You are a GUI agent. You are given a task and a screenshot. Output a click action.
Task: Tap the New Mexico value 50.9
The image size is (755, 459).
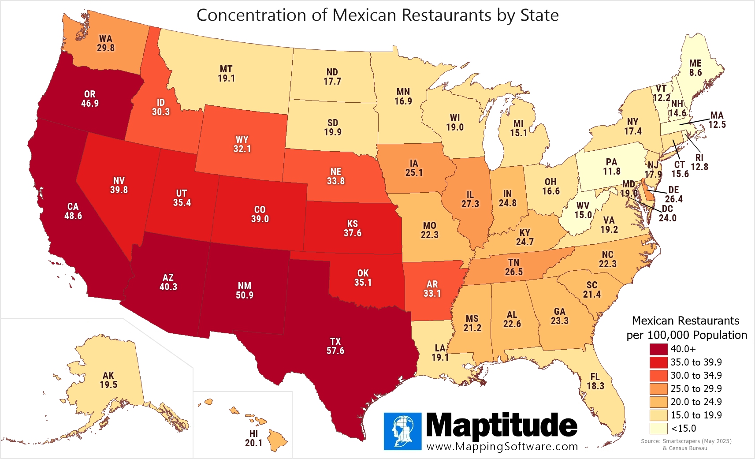tap(245, 295)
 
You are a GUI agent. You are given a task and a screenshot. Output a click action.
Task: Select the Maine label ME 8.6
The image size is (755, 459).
tap(695, 68)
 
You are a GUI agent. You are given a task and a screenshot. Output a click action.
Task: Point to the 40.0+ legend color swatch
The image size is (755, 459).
tap(658, 349)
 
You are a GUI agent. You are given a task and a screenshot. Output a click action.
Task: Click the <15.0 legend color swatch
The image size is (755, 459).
tap(658, 428)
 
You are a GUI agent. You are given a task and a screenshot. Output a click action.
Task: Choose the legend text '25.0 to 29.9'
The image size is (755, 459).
tap(696, 388)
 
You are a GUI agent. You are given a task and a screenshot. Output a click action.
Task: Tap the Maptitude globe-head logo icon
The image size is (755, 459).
tap(402, 431)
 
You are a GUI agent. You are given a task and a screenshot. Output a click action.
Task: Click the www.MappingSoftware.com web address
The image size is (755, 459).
tap(502, 446)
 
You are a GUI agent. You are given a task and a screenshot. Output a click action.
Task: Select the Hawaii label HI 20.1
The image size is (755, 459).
tap(253, 438)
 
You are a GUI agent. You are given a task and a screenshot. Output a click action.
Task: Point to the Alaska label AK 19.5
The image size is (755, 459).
tap(108, 380)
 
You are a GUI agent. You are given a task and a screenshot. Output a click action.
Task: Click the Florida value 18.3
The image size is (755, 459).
tap(595, 386)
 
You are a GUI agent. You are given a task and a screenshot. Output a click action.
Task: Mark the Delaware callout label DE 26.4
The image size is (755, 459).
tap(673, 194)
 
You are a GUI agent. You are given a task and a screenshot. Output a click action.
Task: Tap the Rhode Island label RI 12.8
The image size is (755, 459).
tap(699, 162)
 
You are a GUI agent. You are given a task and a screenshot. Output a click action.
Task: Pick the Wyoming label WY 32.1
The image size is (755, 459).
tap(242, 144)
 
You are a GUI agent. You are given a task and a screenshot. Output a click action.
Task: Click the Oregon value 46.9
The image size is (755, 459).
tap(90, 103)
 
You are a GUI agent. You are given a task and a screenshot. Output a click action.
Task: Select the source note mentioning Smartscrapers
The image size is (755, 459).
tap(686, 441)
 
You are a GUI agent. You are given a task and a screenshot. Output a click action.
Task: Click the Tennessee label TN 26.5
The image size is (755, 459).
tap(514, 267)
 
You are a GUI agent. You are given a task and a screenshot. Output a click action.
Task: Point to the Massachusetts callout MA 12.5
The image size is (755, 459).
tap(717, 120)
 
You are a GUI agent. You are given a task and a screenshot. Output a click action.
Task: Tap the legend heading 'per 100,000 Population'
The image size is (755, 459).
tap(686, 335)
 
